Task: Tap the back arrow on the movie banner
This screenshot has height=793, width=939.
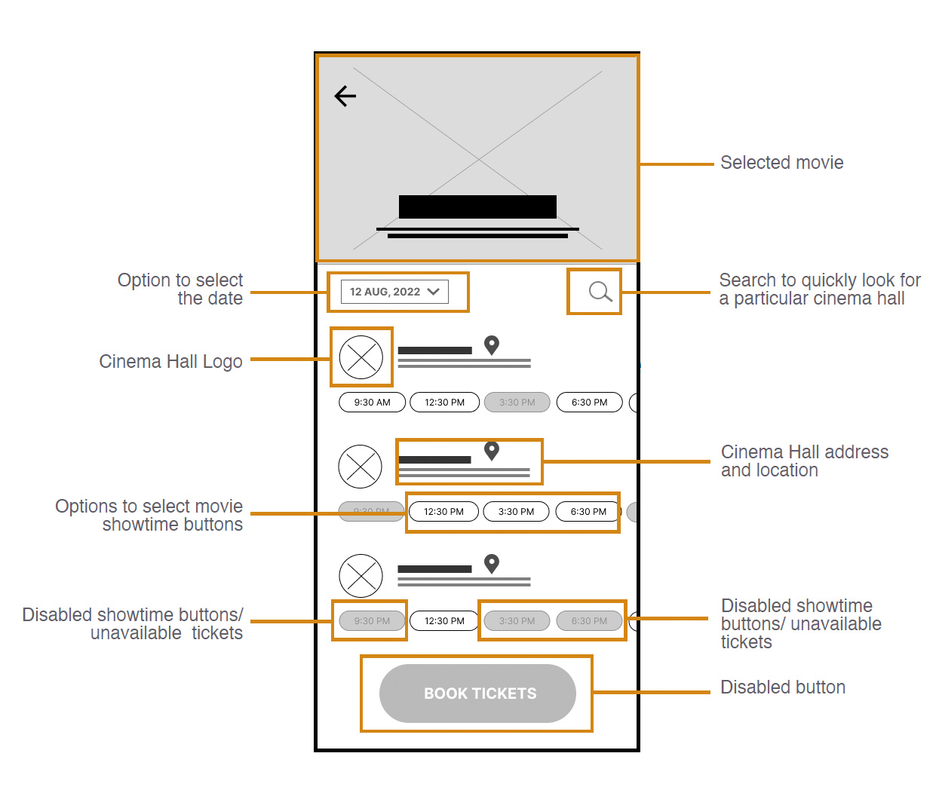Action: click(x=345, y=96)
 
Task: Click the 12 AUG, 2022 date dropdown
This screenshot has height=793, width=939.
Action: click(x=394, y=292)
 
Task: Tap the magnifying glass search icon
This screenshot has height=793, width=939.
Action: click(x=600, y=291)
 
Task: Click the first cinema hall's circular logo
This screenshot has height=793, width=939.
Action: click(x=361, y=357)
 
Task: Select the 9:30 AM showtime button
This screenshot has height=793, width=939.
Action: click(x=372, y=403)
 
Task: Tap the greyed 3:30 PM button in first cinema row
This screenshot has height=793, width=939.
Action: click(x=517, y=403)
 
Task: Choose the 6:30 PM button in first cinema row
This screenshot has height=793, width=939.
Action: click(x=589, y=403)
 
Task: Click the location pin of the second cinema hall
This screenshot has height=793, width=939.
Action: click(x=492, y=450)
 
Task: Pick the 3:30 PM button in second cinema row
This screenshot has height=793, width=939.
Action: click(x=516, y=512)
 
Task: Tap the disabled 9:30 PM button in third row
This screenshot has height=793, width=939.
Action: click(x=372, y=621)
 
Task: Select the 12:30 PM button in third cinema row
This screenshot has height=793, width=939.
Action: click(x=444, y=621)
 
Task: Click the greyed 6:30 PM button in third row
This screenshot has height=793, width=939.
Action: click(x=589, y=621)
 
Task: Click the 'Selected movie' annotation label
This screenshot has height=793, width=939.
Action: click(x=781, y=163)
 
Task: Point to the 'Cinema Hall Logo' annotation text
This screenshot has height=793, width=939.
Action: click(x=170, y=362)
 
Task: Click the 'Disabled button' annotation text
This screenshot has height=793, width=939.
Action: click(x=782, y=687)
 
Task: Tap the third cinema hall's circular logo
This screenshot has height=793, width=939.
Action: click(x=361, y=576)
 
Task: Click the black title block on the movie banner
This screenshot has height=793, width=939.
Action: click(x=477, y=207)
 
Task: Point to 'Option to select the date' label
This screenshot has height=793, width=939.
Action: click(x=181, y=289)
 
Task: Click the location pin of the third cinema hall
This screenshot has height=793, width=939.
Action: click(x=492, y=563)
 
